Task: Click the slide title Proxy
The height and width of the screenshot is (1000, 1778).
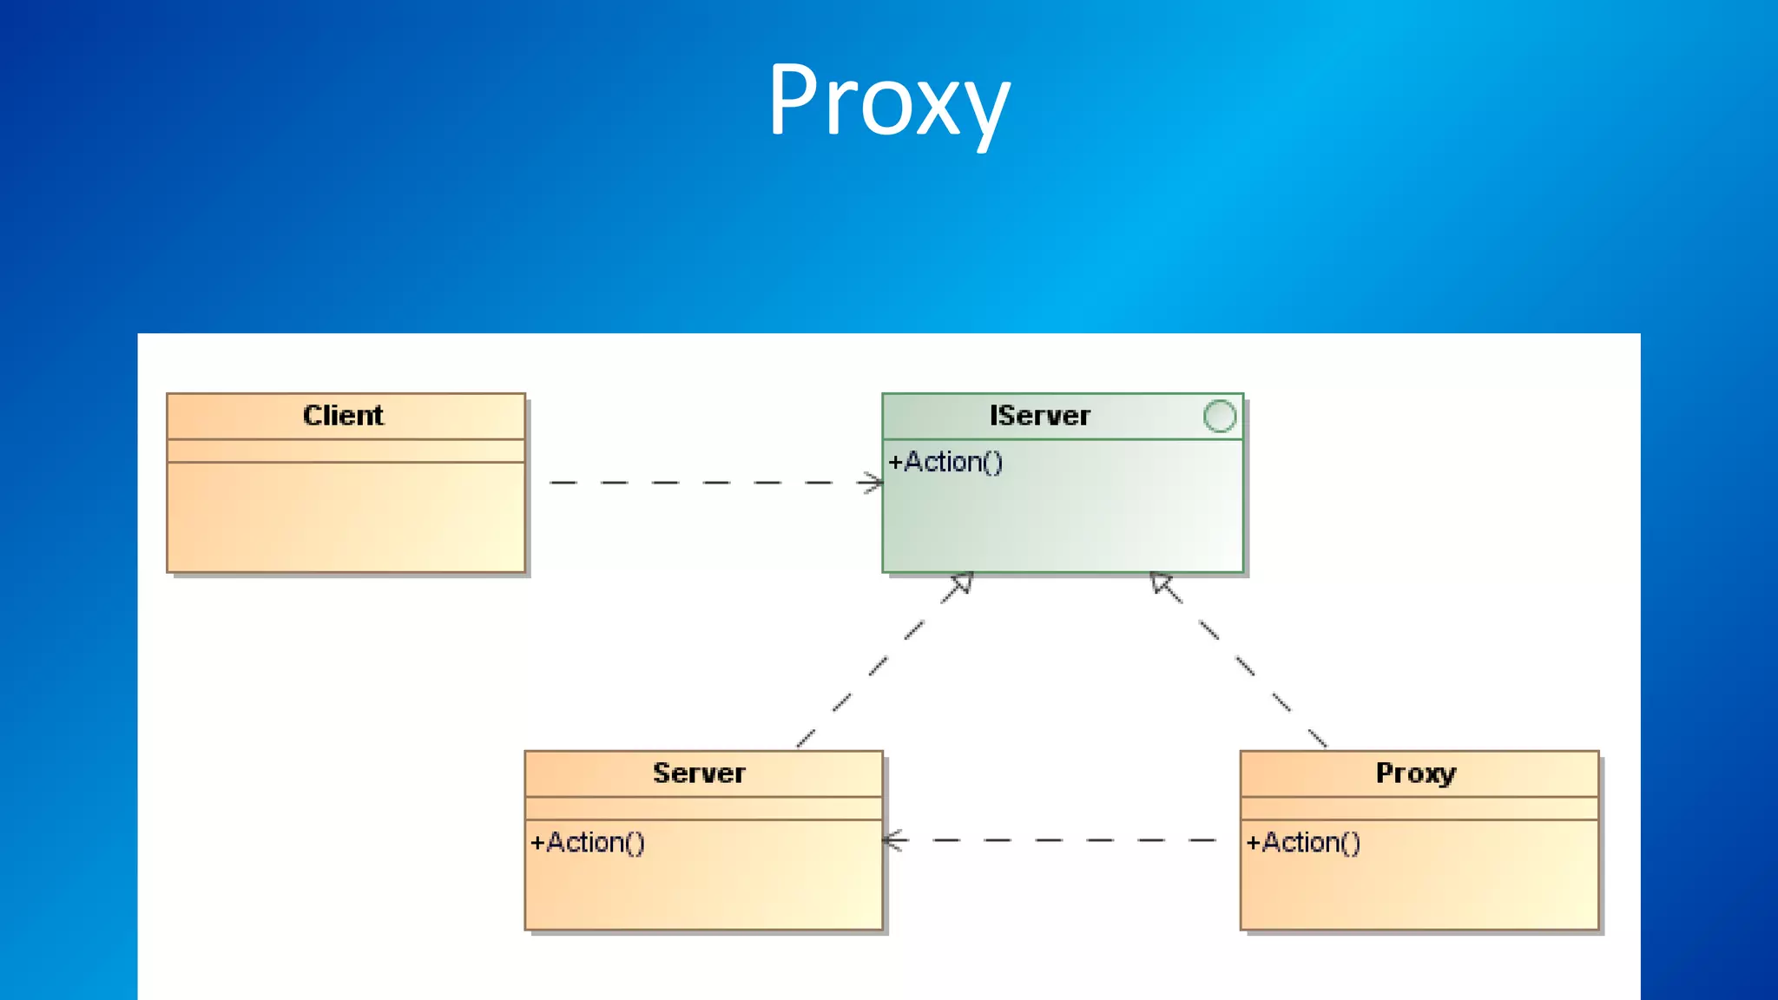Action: (889, 100)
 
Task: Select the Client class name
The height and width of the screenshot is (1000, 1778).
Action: (343, 416)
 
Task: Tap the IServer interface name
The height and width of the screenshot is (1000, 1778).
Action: (1039, 416)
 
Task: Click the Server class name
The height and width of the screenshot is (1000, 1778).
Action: (699, 773)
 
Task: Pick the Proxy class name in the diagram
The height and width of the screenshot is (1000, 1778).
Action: (1415, 773)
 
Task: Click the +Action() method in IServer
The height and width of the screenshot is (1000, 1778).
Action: (945, 462)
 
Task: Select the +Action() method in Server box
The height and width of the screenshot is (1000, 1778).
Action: (588, 842)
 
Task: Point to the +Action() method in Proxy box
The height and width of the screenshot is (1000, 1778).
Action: (1303, 842)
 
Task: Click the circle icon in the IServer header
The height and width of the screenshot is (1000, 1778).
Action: (1220, 416)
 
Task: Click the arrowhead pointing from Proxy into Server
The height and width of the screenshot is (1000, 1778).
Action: (893, 840)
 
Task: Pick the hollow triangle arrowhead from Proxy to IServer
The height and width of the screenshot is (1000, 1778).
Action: (1162, 583)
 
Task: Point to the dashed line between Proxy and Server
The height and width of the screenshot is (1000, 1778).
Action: (1059, 840)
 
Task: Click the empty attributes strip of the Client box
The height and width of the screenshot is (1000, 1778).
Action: (346, 451)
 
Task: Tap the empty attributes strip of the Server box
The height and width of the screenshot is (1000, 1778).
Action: (703, 808)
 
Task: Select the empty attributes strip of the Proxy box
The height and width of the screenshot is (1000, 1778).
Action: (1419, 808)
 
